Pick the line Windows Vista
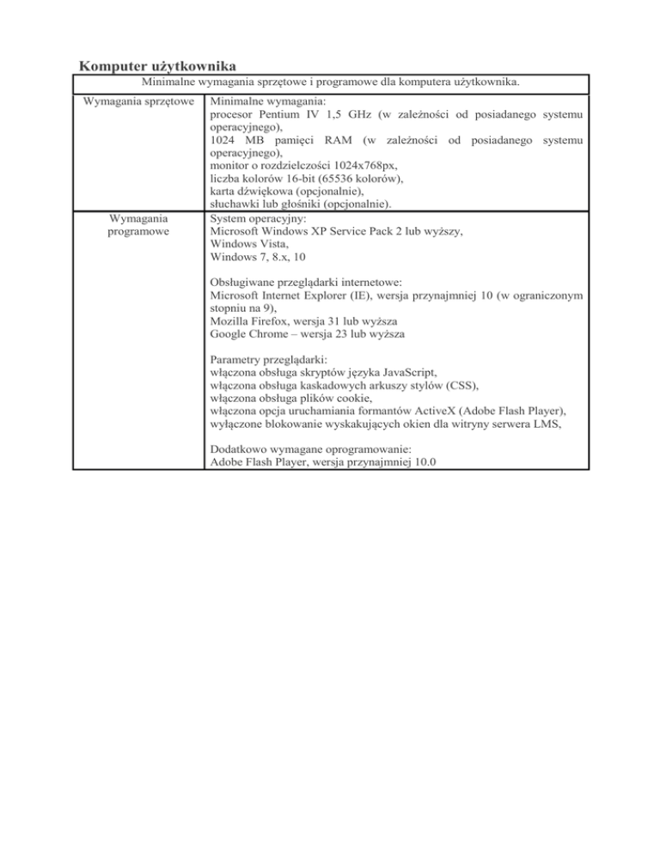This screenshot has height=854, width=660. (247, 243)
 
